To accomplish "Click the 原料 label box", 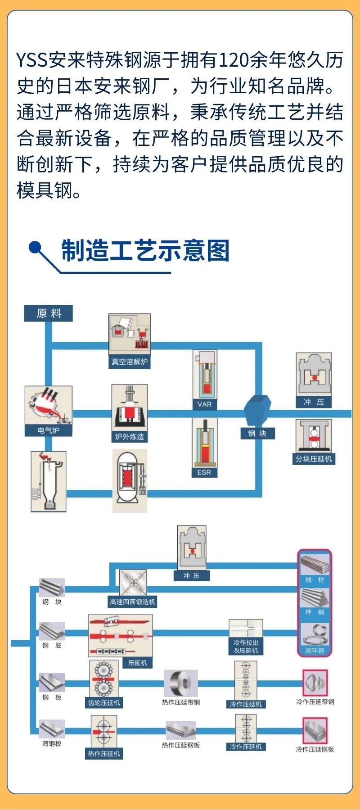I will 49,313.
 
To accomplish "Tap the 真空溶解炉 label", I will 130,362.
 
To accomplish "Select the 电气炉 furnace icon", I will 49,407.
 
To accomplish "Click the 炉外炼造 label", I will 130,436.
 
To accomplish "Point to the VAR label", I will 205,404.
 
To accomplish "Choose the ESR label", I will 204,472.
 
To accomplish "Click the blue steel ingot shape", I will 257,409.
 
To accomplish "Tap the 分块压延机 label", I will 314,459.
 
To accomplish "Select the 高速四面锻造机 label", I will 133,602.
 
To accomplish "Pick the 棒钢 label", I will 315,612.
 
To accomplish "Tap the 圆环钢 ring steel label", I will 315,650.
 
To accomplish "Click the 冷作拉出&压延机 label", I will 246,647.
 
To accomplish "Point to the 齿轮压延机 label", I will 104,702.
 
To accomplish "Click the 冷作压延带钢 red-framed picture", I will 315,683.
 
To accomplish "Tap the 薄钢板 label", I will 52,744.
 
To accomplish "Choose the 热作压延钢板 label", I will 181,745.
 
